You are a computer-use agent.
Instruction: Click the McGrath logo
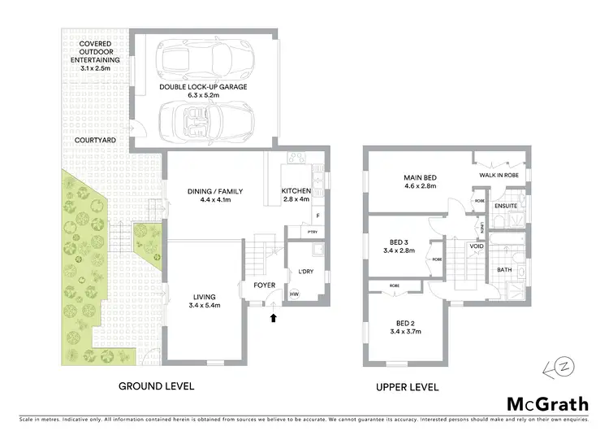tap(544, 403)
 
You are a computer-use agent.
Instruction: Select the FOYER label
tap(266, 285)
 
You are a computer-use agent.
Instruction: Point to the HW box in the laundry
tap(294, 294)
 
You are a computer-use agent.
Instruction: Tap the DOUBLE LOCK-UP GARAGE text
tap(204, 85)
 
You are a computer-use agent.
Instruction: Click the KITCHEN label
tap(296, 191)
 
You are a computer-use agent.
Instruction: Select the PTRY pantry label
tap(313, 232)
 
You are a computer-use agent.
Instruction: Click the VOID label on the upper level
tap(477, 246)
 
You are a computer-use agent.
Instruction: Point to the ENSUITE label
tap(508, 205)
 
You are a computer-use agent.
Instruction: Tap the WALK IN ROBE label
tap(499, 174)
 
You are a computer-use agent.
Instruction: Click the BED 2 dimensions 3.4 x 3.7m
tap(406, 332)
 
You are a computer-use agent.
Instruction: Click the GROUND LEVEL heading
tap(156, 386)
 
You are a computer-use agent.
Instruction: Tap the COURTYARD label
tap(94, 140)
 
